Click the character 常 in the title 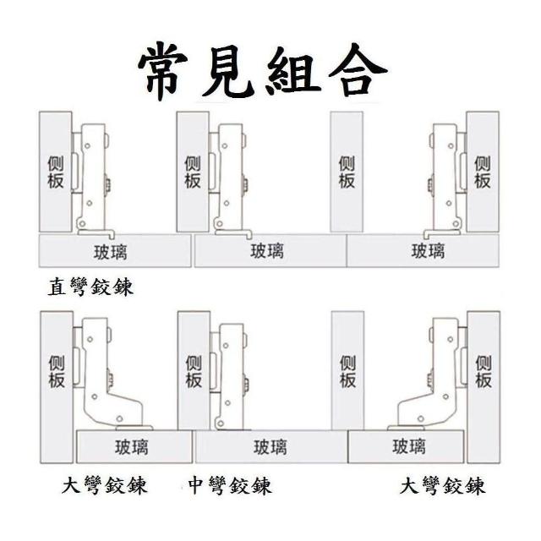pyautogui.click(x=163, y=73)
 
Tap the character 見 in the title pyautogui.click(x=227, y=72)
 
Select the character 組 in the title pyautogui.click(x=293, y=71)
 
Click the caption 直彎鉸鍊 pyautogui.click(x=90, y=287)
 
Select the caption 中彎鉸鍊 pyautogui.click(x=230, y=486)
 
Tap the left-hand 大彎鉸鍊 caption pyautogui.click(x=105, y=485)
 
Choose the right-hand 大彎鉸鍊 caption pyautogui.click(x=443, y=486)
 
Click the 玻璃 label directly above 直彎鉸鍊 pyautogui.click(x=111, y=252)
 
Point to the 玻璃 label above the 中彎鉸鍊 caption pyautogui.click(x=270, y=447)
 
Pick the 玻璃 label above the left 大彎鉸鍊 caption pyautogui.click(x=132, y=447)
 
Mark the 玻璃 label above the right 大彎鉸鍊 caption pyautogui.click(x=409, y=446)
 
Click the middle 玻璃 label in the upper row pyautogui.click(x=267, y=251)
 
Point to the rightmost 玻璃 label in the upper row pyautogui.click(x=428, y=251)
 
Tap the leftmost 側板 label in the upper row pyautogui.click(x=56, y=172)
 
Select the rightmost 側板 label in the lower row pyautogui.click(x=484, y=372)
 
